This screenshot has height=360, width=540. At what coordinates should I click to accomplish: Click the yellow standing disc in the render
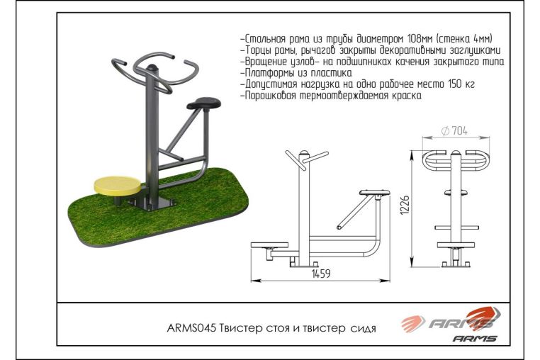coord(118,186)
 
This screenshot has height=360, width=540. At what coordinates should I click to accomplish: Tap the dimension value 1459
coord(321,274)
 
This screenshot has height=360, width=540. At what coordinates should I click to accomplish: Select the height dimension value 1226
coord(405,206)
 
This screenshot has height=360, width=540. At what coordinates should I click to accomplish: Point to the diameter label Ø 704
coord(454,130)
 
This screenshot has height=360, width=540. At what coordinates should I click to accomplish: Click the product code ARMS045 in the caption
coord(191,328)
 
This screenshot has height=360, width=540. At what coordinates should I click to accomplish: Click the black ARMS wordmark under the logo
coord(475,338)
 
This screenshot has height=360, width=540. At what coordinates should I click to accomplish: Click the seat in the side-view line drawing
coord(375,193)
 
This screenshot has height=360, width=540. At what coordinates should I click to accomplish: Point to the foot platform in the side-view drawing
coord(269,245)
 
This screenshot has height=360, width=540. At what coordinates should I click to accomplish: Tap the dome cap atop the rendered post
coord(152,67)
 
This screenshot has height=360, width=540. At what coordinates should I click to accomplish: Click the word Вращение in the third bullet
coord(266,62)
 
